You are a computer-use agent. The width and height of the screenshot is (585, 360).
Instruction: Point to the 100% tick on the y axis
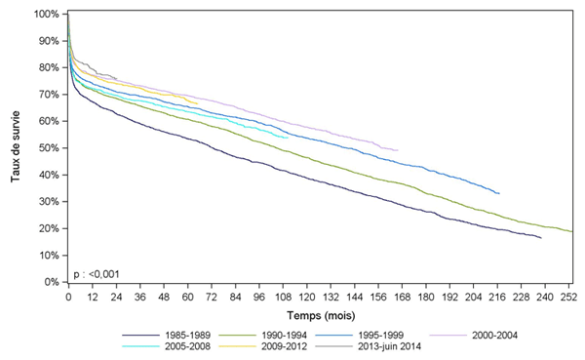point(45,15)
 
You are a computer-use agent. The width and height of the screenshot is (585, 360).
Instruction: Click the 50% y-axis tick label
point(48,148)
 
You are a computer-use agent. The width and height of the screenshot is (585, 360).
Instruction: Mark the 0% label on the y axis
point(51,282)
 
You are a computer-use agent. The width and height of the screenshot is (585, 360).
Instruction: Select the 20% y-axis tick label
point(48,228)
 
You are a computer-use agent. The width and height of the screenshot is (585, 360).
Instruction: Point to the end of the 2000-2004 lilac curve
point(398,150)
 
